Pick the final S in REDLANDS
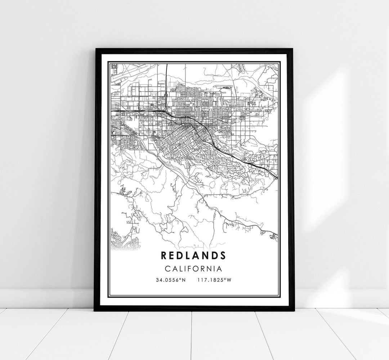point(223,255)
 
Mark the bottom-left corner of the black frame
point(95,310)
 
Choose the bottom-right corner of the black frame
point(293,310)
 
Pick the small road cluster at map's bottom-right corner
point(273,236)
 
